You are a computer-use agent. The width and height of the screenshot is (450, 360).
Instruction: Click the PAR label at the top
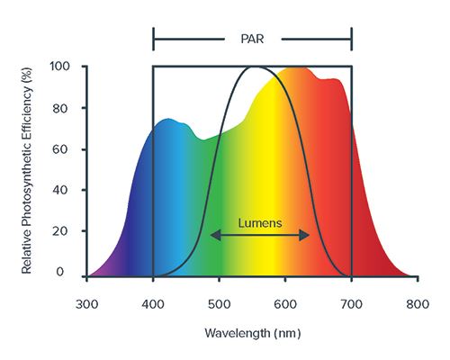pos(252,39)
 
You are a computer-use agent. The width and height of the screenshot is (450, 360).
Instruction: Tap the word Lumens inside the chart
pos(260,220)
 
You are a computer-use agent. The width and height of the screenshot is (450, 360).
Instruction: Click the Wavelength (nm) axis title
pos(252,333)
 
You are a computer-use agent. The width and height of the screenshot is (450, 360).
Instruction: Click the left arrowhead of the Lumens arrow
pos(214,235)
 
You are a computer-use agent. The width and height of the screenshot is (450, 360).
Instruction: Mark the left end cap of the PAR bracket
pos(154,39)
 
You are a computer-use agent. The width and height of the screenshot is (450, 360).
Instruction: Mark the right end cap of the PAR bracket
pos(351,39)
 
